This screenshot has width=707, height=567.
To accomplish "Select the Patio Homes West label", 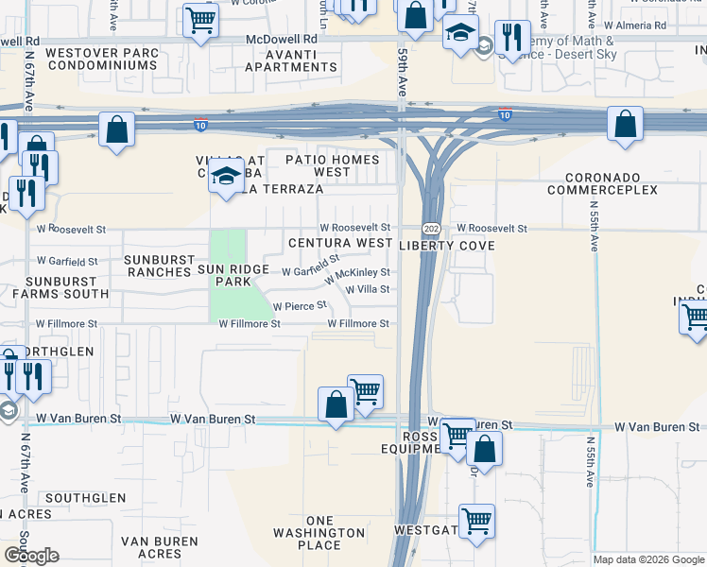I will pyautogui.click(x=332, y=166).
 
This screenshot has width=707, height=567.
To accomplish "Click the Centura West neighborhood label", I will pyautogui.click(x=340, y=243).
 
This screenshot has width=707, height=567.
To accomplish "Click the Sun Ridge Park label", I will pyautogui.click(x=224, y=275).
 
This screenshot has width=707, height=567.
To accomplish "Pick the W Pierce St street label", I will pyautogui.click(x=300, y=306).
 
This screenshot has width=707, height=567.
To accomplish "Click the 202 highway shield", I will pyautogui.click(x=431, y=230).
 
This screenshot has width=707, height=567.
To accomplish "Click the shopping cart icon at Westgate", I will pyautogui.click(x=476, y=520).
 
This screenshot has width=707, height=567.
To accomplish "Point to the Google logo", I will pyautogui.click(x=30, y=557).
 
